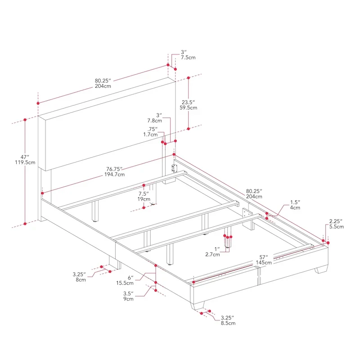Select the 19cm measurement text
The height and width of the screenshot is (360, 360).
(144, 198)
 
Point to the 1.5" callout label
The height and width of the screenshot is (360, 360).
(294, 202)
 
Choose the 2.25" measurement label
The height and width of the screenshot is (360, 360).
(336, 221)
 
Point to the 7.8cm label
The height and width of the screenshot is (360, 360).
(154, 121)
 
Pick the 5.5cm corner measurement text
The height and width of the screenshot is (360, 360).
(337, 227)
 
